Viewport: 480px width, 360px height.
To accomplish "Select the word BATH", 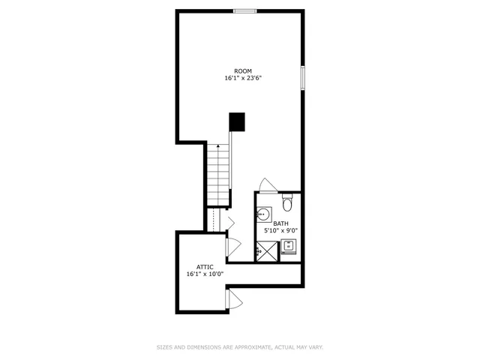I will tap(280, 223).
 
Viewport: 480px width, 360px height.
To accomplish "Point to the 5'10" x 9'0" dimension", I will tap(280, 231).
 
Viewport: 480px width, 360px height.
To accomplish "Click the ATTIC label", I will tap(205, 267).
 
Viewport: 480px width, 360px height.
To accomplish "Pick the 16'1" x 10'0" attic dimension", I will tap(205, 274).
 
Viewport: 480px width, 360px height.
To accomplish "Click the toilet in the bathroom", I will tap(288, 202).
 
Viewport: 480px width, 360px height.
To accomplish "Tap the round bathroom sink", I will tap(262, 215).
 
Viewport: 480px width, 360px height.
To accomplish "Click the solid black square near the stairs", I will tap(237, 121).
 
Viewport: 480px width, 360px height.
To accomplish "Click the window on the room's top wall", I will tap(244, 10).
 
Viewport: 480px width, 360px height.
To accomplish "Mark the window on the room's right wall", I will tap(302, 77).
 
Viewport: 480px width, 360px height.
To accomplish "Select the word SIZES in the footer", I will tap(164, 347).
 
